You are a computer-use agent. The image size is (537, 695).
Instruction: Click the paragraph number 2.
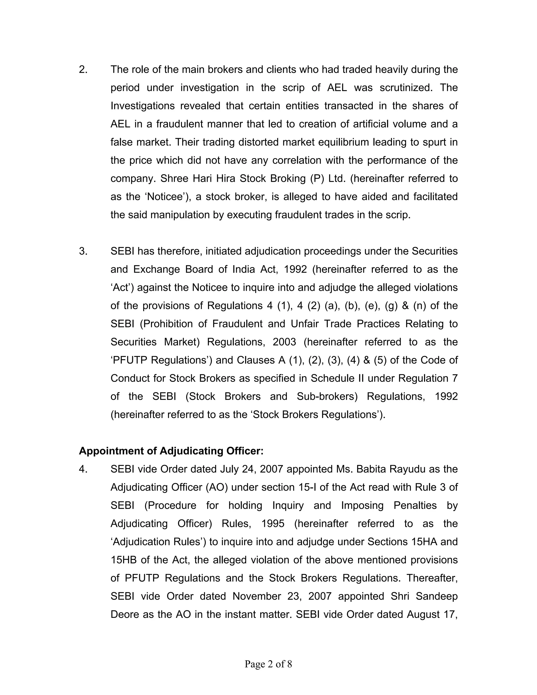click(x=83, y=69)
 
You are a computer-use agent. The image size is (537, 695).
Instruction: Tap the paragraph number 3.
click(x=83, y=251)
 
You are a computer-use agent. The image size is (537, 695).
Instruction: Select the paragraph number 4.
click(x=83, y=469)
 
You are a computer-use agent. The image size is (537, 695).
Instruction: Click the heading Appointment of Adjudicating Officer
click(x=171, y=451)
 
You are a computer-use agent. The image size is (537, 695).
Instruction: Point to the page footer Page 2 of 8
click(x=268, y=664)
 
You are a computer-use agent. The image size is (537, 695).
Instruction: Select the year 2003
click(x=284, y=342)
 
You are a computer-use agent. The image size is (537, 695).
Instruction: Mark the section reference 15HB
click(x=123, y=560)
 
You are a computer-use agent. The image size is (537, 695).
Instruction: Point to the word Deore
click(x=125, y=614)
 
